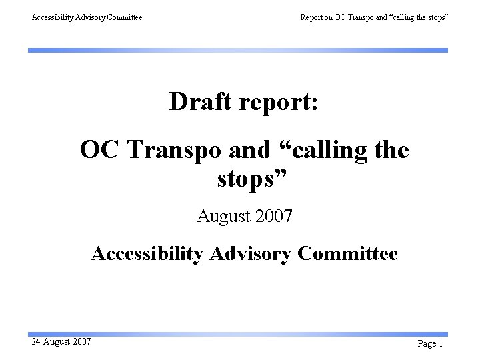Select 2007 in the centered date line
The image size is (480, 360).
tap(274, 216)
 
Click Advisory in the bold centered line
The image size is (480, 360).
tap(249, 254)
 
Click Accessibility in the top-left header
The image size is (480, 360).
tap(55, 17)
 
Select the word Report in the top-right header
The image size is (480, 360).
tap(312, 17)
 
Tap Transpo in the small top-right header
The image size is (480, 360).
tap(360, 17)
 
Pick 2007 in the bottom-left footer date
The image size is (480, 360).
tap(81, 342)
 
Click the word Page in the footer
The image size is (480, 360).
tap(426, 344)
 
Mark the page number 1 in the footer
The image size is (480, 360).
tap(441, 344)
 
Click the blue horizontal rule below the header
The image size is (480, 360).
tap(237, 50)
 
